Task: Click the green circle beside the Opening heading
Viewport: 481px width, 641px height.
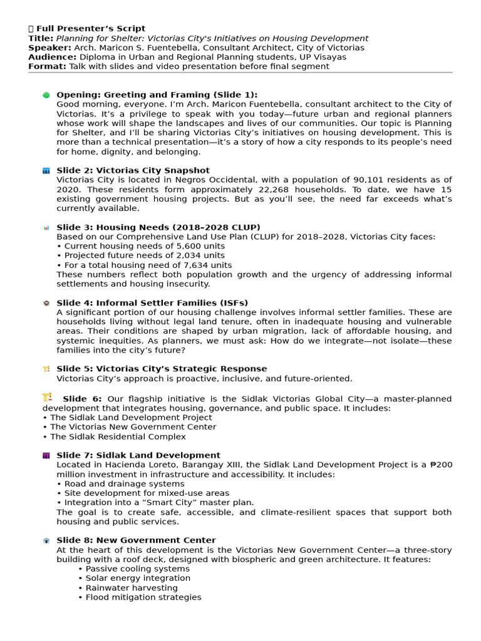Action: click(46, 95)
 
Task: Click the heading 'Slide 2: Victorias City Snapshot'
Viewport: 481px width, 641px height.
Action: click(133, 170)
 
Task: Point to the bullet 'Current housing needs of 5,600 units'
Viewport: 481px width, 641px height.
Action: click(140, 246)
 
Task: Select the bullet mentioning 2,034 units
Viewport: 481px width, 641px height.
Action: click(140, 255)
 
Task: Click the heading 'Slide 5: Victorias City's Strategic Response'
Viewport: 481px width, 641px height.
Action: click(162, 369)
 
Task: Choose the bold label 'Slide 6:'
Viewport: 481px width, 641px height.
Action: click(82, 399)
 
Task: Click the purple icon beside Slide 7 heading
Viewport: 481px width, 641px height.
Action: click(46, 456)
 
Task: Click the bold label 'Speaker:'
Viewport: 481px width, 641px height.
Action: click(49, 48)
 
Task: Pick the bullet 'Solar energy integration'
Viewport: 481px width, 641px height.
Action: click(134, 578)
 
